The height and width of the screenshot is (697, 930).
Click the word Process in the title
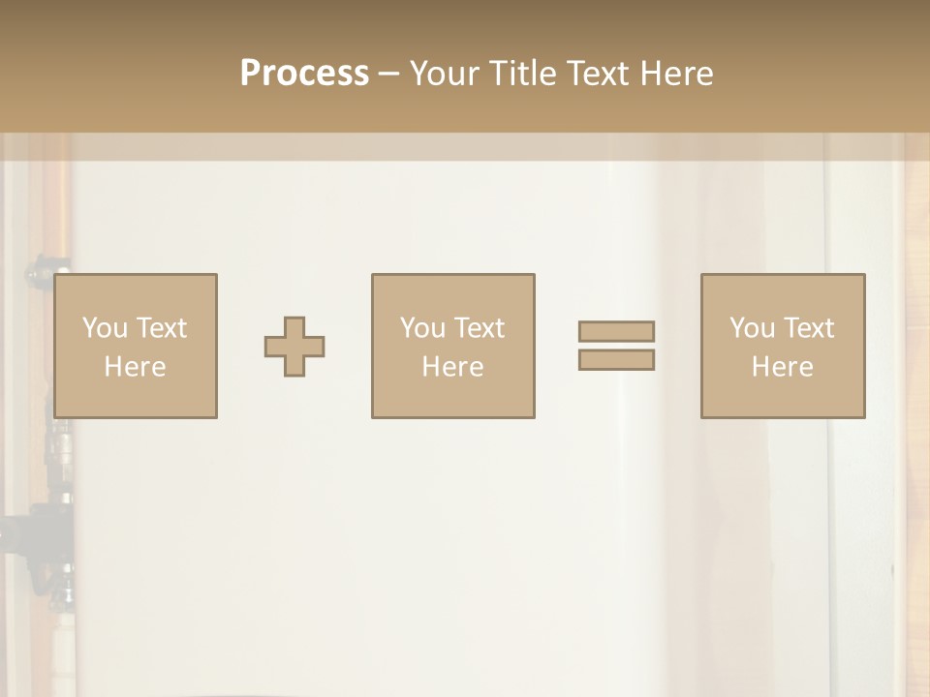pos(304,74)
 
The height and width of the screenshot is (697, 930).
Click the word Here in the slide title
pos(676,74)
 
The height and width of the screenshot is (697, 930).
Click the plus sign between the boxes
pos(294,347)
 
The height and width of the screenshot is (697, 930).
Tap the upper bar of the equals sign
pos(616,331)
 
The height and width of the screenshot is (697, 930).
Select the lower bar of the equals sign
pos(616,359)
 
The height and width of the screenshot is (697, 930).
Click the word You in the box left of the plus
pos(104,328)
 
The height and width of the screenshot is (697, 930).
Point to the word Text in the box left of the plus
pos(160,328)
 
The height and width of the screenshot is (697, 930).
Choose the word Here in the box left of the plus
pos(135,367)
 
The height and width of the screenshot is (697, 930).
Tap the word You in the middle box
pos(422,328)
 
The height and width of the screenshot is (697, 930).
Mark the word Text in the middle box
pos(479,328)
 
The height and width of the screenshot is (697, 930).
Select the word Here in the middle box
pos(452,367)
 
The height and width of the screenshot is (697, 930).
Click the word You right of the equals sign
pos(752,328)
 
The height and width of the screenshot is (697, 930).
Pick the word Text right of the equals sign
pos(808,328)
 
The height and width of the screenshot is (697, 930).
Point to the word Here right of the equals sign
pos(782,367)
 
